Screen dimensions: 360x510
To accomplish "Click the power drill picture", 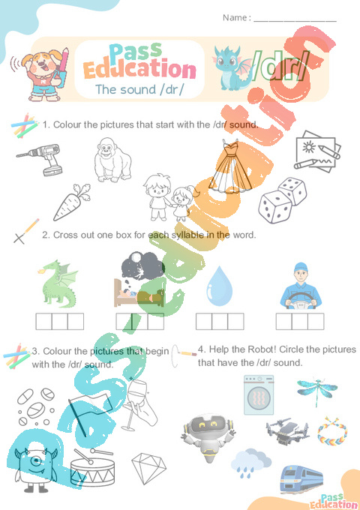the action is pyautogui.click(x=40, y=159).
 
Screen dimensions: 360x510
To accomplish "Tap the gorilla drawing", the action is pyautogui.click(x=112, y=160).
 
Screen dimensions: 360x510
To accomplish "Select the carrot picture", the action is pyautogui.click(x=71, y=202).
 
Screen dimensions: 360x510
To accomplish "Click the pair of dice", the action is pyautogui.click(x=282, y=200).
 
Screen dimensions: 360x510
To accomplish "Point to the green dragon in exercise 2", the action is pyautogui.click(x=58, y=283).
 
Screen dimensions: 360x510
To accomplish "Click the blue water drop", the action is pyautogui.click(x=220, y=286).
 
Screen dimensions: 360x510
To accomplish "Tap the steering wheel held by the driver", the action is pyautogui.click(x=301, y=301).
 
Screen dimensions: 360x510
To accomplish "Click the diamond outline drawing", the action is pyautogui.click(x=149, y=467).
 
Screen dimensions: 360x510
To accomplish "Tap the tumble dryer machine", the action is pyautogui.click(x=259, y=394).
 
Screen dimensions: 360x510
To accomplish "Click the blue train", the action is pyautogui.click(x=301, y=478).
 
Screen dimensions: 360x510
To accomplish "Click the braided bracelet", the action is pyautogui.click(x=332, y=431).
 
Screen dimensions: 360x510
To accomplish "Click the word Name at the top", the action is pyautogui.click(x=235, y=17).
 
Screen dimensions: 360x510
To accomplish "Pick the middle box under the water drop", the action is pyautogui.click(x=220, y=322).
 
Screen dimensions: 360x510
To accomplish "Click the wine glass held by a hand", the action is pyautogui.click(x=140, y=403).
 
